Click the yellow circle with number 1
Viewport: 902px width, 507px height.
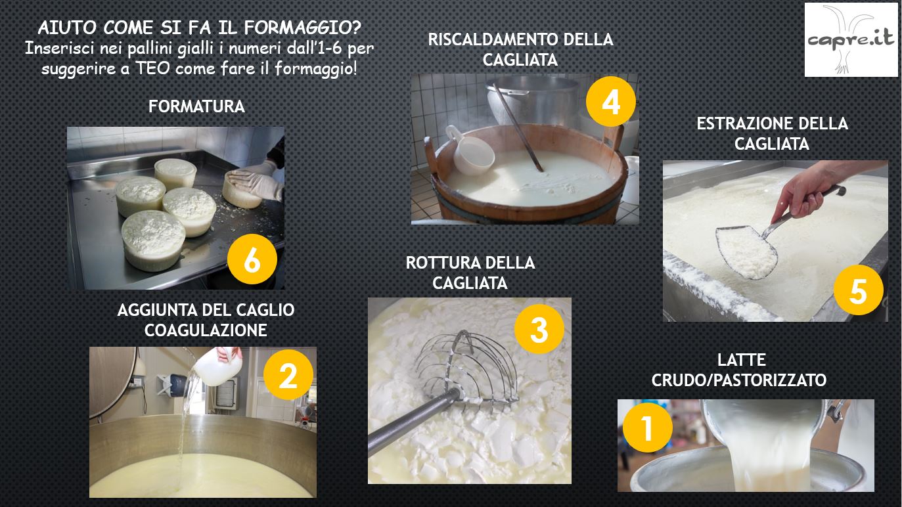tap(648, 428)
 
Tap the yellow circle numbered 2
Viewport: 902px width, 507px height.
tap(288, 374)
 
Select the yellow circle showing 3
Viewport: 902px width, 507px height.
tap(539, 329)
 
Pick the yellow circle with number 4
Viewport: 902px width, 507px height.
tap(611, 102)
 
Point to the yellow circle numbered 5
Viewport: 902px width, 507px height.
tap(859, 290)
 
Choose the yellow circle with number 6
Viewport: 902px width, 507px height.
tap(252, 259)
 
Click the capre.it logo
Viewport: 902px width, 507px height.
tap(851, 40)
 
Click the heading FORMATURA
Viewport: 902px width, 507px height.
tap(196, 106)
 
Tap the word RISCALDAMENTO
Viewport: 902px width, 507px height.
tap(493, 39)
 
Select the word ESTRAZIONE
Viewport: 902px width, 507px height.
tap(745, 123)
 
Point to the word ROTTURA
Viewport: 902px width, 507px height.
tap(443, 263)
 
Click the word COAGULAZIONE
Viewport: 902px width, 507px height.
tap(206, 330)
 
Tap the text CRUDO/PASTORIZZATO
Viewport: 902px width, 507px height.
tap(739, 380)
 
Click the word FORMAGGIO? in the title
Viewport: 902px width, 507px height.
tap(303, 28)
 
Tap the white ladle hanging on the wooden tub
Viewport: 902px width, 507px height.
tap(470, 150)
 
